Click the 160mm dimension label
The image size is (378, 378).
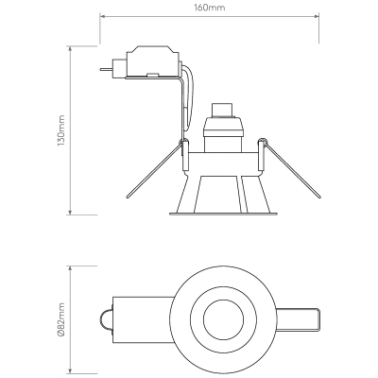pos(210,8)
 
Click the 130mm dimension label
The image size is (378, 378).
pos(60,130)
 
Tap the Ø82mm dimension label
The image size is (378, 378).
pos(61,319)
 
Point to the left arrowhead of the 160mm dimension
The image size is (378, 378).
pos(103,16)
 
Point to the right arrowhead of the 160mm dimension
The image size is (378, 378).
pos(316,16)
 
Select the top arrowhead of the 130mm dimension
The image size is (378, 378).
pos(70,49)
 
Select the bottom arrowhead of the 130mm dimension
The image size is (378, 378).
pos(70,212)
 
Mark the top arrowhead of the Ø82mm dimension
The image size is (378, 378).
pos(70,269)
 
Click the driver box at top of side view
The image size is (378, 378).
pos(153,61)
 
